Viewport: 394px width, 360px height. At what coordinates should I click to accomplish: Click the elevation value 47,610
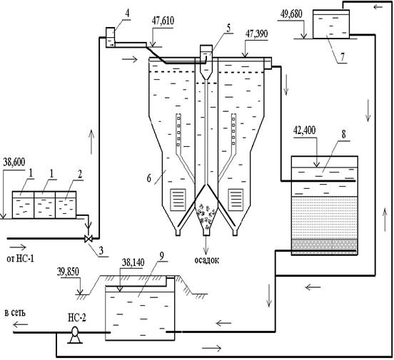coord(163,21)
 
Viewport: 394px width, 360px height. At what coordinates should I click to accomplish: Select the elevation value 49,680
coord(291,14)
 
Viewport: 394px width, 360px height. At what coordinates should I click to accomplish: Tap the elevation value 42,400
coord(305,130)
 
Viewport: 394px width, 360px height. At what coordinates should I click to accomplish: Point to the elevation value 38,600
coord(14,163)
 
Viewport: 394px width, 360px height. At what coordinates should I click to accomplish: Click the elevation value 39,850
coord(68,272)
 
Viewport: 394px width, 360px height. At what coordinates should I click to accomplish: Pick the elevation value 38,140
coord(133,263)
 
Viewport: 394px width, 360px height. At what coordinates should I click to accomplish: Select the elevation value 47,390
coord(256,34)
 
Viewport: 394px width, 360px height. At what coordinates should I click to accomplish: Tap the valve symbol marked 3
coord(89,239)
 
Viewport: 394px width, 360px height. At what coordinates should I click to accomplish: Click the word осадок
coord(207,260)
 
